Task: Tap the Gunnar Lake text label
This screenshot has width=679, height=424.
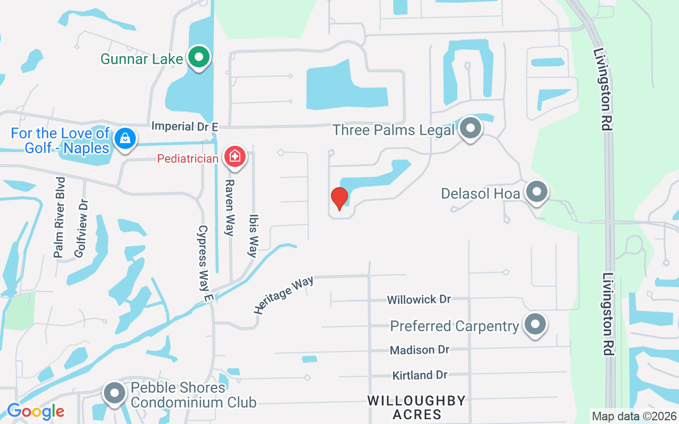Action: pyautogui.click(x=142, y=58)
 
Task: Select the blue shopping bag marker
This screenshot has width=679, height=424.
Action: pyautogui.click(x=125, y=138)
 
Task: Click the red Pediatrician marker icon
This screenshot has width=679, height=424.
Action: pyautogui.click(x=234, y=157)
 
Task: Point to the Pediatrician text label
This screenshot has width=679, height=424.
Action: pyautogui.click(x=188, y=158)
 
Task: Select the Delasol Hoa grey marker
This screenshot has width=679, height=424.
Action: pyautogui.click(x=536, y=192)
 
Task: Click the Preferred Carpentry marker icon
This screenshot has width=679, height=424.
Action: pyautogui.click(x=535, y=324)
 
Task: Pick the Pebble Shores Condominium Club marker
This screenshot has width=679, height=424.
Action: pyautogui.click(x=114, y=394)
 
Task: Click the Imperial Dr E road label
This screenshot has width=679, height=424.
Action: pyautogui.click(x=185, y=126)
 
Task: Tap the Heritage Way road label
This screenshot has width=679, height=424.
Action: pyautogui.click(x=284, y=295)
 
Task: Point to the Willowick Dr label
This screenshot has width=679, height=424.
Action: pyautogui.click(x=419, y=299)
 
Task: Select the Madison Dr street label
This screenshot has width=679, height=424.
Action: pyautogui.click(x=419, y=350)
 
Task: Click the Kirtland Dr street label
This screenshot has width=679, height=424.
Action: pyautogui.click(x=420, y=375)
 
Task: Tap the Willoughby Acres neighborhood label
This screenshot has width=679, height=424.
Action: pyautogui.click(x=417, y=407)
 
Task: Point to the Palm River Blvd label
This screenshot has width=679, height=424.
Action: pyautogui.click(x=60, y=217)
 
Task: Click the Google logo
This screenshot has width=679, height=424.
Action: pyautogui.click(x=36, y=411)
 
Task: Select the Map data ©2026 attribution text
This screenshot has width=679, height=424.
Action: pyautogui.click(x=634, y=416)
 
